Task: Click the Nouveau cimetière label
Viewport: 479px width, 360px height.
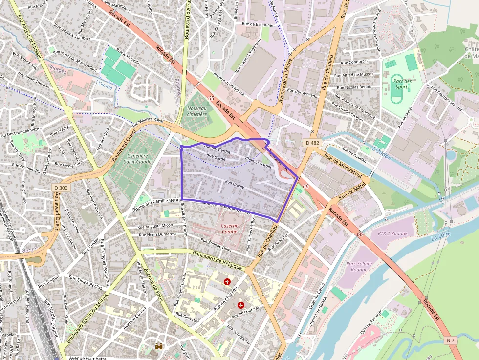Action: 197,111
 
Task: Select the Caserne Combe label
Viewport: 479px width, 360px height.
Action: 229,228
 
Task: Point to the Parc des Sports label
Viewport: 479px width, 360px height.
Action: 402,84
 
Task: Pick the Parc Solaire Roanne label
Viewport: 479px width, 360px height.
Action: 357,266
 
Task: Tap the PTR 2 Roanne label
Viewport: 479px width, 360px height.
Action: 392,233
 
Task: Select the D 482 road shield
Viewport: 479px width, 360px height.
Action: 312,143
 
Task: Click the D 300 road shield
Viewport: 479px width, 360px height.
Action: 61,188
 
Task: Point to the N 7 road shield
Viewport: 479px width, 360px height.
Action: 451,339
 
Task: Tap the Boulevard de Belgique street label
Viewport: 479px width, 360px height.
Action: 217,260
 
